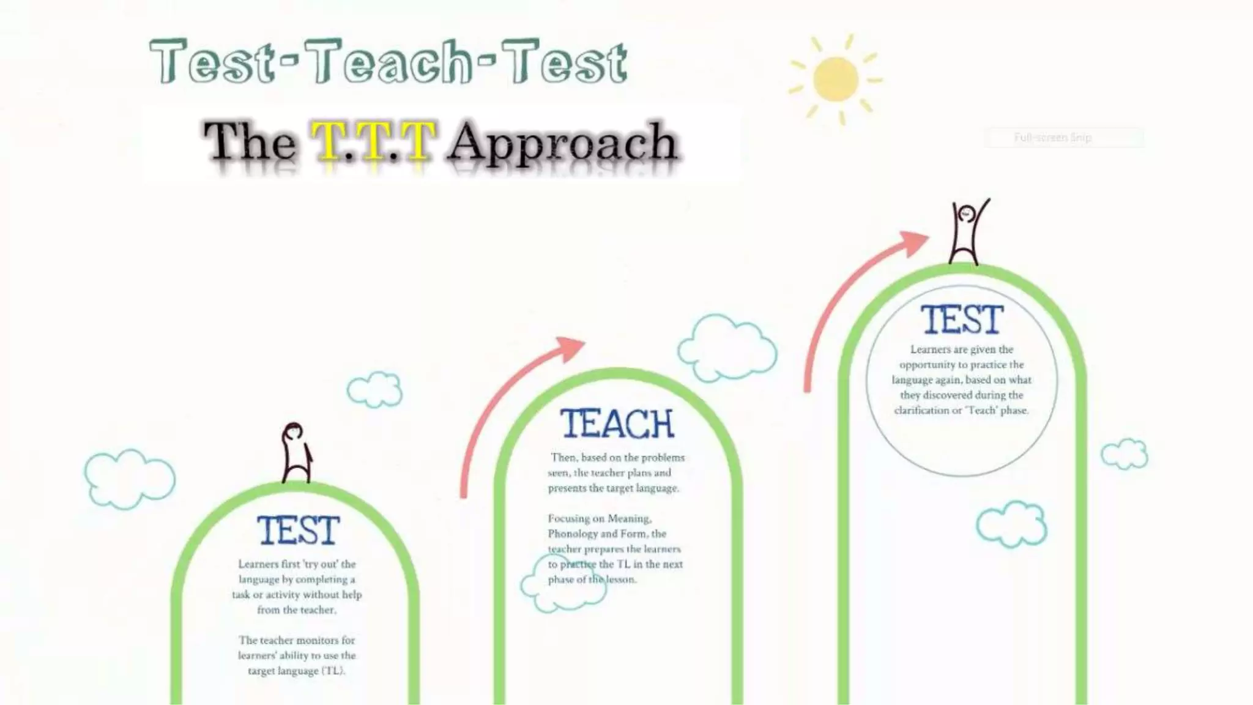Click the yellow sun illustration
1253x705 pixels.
[x=836, y=80]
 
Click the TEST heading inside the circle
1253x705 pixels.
[x=962, y=320]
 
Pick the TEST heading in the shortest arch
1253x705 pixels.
[x=297, y=530]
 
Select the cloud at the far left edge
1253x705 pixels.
[x=128, y=479]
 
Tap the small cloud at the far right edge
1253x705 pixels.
[x=1125, y=453]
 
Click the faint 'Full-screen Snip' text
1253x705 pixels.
[x=1052, y=138]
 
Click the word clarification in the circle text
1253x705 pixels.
[x=921, y=411]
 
